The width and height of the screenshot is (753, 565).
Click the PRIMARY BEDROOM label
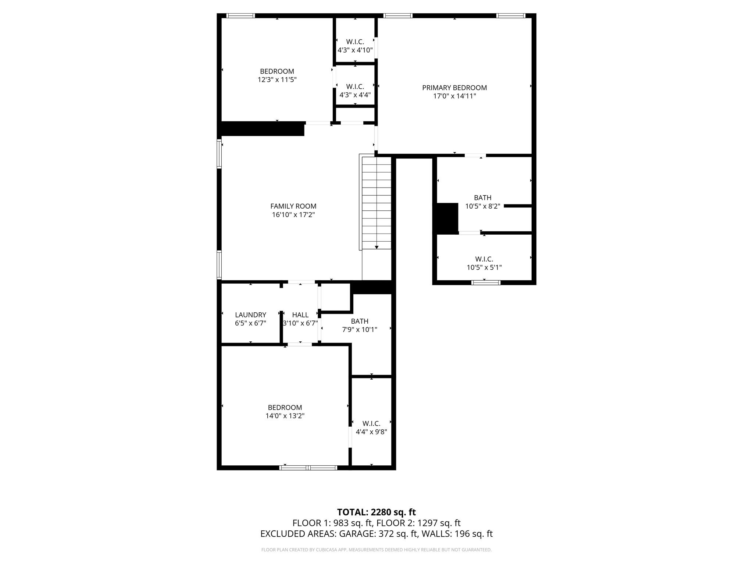point(454,88)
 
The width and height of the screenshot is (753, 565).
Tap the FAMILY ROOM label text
point(293,206)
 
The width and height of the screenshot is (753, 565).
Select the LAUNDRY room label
point(250,315)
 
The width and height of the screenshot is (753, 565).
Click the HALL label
point(300,315)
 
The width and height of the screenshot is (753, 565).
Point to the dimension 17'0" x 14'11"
point(454,96)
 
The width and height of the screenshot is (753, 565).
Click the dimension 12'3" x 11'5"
point(277,80)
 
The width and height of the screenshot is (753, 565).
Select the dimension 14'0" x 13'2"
point(285,416)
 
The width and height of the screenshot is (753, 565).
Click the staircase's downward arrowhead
point(376,248)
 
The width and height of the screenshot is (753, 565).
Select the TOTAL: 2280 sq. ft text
point(376,512)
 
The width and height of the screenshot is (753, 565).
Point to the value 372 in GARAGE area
point(386,534)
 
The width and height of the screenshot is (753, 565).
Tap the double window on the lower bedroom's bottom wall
point(308,468)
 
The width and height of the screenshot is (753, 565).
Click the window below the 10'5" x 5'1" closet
point(486,282)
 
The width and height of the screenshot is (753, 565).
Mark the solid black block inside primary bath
point(447,218)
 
